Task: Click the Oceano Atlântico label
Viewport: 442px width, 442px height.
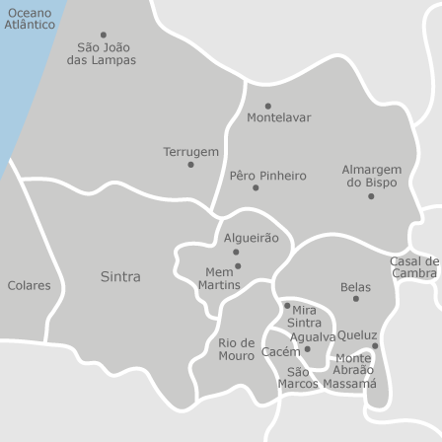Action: click(30, 19)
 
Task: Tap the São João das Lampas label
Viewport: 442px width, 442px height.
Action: click(102, 53)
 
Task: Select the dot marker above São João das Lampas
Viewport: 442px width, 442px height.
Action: click(104, 35)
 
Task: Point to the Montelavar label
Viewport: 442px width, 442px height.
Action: click(278, 117)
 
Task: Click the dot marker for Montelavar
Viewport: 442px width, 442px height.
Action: click(267, 106)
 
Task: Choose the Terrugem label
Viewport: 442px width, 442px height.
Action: click(191, 152)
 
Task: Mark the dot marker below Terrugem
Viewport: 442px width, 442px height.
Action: click(190, 165)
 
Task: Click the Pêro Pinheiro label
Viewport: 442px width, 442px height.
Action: click(268, 176)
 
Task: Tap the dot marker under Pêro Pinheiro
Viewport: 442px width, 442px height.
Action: click(256, 187)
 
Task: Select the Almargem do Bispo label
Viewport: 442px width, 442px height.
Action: click(372, 176)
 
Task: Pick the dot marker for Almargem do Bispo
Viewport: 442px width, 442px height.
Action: click(371, 195)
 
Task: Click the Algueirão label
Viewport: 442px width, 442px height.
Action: click(252, 238)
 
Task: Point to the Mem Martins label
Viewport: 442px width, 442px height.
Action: click(219, 278)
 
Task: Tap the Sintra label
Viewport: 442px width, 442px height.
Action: click(120, 277)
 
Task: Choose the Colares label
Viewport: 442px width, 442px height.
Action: click(29, 285)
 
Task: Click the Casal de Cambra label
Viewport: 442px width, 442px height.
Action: click(414, 267)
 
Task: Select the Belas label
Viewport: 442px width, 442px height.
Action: click(355, 287)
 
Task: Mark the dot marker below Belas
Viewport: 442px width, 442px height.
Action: click(355, 299)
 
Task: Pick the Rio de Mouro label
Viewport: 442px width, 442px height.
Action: click(237, 349)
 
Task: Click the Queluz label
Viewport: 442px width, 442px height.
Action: click(357, 335)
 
